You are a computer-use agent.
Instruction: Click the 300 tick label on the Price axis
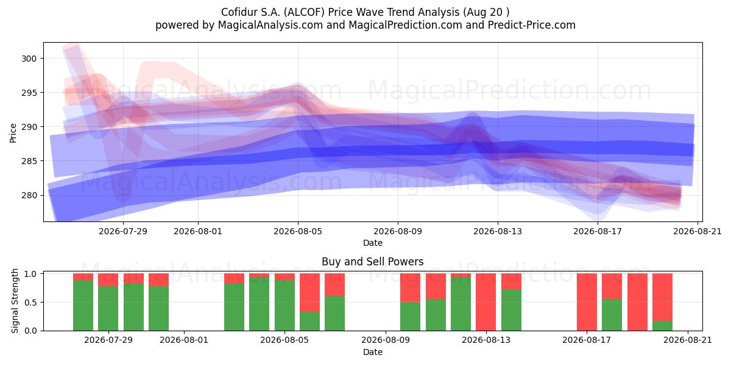(29, 59)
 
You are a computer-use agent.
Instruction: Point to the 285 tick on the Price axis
(29, 162)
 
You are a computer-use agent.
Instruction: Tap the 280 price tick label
(29, 196)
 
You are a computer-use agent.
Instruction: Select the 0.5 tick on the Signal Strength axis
(30, 303)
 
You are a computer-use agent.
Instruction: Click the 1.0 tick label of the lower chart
(30, 274)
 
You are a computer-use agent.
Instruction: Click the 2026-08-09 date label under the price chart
(398, 231)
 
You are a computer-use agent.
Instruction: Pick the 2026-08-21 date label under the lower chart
(688, 340)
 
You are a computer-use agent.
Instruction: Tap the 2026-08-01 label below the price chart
(198, 231)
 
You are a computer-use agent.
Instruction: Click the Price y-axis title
(13, 133)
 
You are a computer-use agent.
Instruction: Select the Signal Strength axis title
(15, 301)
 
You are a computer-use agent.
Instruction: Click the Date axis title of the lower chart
(373, 352)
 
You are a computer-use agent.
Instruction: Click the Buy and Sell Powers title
(373, 262)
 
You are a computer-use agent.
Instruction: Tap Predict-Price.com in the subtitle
(532, 25)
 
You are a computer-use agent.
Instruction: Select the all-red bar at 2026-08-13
(486, 302)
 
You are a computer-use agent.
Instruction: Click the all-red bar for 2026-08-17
(587, 302)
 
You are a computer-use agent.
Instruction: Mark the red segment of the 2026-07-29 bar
(108, 280)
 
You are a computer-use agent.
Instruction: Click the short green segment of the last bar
(663, 326)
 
